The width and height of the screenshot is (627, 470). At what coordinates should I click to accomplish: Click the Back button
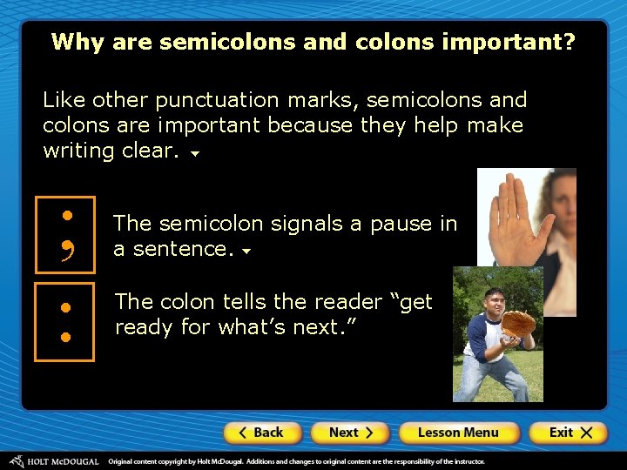pos(262,433)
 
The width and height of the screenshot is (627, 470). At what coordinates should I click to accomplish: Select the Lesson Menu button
pos(458,433)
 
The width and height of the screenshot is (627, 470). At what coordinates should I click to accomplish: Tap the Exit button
pos(570,433)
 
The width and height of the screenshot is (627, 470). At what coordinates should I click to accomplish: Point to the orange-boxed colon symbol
pos(64,321)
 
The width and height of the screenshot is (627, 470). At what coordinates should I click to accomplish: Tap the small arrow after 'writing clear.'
pos(195,154)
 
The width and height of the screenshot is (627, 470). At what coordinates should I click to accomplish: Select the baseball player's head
pos(496,300)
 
